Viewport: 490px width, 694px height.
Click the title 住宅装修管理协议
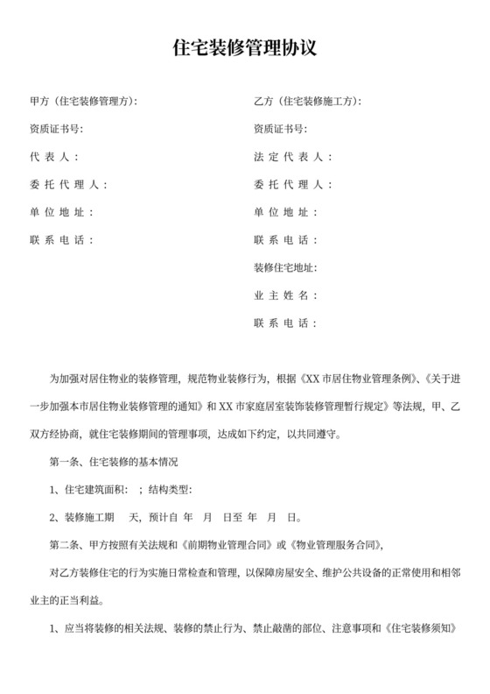[x=245, y=49]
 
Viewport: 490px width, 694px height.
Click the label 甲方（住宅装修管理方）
[x=83, y=102]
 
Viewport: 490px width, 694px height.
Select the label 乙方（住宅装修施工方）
[x=306, y=102]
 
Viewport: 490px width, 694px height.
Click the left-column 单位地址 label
[x=59, y=212]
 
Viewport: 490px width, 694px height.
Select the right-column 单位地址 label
[x=283, y=212]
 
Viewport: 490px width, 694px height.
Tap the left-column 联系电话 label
[x=59, y=240]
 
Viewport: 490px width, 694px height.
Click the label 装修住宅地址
[x=284, y=267]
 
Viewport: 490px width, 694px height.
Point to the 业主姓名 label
[x=283, y=295]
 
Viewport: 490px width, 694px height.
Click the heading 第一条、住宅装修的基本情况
[x=114, y=461]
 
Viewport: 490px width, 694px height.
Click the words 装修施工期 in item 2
[x=88, y=516]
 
